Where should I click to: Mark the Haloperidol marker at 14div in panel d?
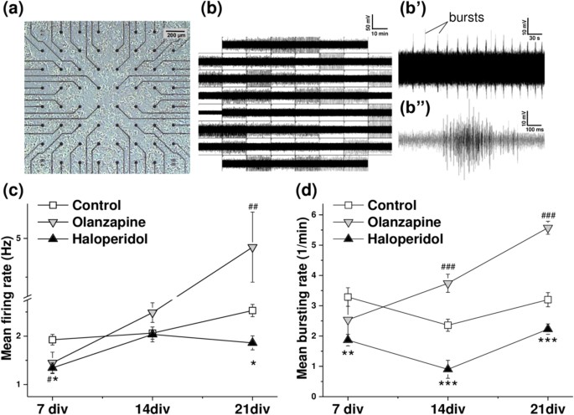tap(447, 369)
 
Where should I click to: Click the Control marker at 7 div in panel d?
tap(348, 297)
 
